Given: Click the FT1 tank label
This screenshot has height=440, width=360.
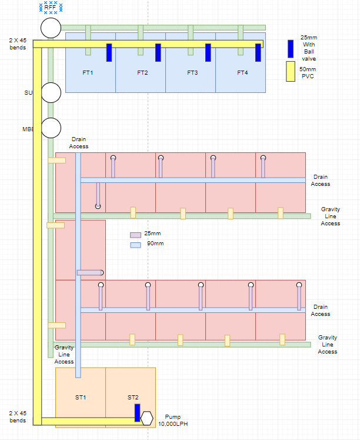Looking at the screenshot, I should click(x=88, y=73).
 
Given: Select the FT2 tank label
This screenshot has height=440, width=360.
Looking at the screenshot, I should click(x=142, y=73).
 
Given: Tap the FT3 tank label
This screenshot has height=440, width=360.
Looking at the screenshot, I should click(x=192, y=73).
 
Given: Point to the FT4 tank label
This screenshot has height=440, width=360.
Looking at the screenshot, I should click(x=242, y=73).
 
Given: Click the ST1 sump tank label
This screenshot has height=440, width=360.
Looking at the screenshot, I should click(x=81, y=398).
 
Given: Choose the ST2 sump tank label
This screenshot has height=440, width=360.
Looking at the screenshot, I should click(x=133, y=398).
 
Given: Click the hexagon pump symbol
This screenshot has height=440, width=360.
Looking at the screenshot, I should click(x=146, y=418).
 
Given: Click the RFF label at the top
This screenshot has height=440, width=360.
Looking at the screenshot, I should click(x=51, y=8).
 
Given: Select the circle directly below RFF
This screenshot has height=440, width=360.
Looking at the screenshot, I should click(x=51, y=27).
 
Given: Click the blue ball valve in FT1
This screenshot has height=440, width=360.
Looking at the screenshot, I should click(x=109, y=52).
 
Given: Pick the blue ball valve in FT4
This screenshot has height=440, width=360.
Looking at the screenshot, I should click(x=258, y=52).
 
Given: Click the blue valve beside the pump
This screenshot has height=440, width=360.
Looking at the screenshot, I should click(x=137, y=412).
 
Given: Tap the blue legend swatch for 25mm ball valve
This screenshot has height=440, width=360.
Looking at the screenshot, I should click(x=291, y=48).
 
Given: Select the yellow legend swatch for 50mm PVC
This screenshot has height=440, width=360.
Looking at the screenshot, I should click(x=290, y=71).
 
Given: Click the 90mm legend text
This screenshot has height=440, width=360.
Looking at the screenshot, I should click(x=155, y=244).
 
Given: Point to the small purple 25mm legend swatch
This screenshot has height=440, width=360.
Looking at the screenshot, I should click(x=135, y=235).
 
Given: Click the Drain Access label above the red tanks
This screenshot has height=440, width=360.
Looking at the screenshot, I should click(x=79, y=143).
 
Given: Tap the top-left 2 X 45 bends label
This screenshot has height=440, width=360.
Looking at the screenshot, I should click(x=18, y=44).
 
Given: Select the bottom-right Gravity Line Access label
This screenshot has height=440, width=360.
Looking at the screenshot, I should click(x=328, y=345).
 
